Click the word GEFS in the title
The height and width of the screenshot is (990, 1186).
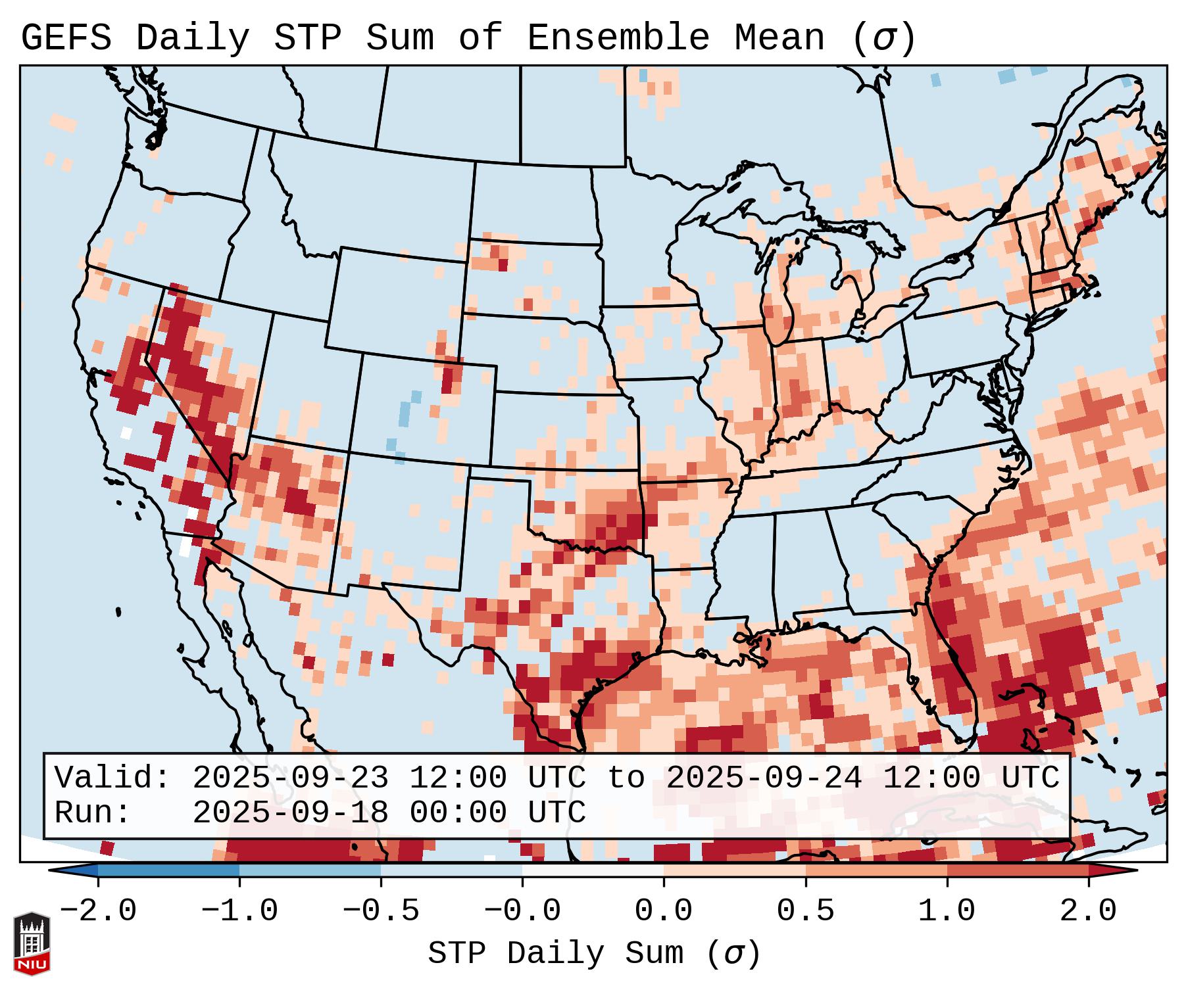pos(66,38)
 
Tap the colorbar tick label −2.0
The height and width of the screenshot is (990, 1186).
pos(98,911)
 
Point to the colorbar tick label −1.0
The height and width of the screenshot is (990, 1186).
pos(239,911)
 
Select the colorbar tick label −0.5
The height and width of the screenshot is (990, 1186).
pos(381,911)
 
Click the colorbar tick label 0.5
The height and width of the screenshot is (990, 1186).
pos(805,911)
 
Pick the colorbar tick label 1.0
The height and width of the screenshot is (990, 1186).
pos(947,911)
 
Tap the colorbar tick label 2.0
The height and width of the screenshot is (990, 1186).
pos(1088,911)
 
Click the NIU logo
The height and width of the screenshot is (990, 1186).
pos(32,943)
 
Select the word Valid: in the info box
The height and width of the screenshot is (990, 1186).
pos(112,778)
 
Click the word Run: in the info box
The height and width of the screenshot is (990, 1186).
pos(93,813)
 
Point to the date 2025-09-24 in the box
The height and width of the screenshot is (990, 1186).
pos(764,778)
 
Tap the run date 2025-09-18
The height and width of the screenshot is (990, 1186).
pos(290,813)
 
